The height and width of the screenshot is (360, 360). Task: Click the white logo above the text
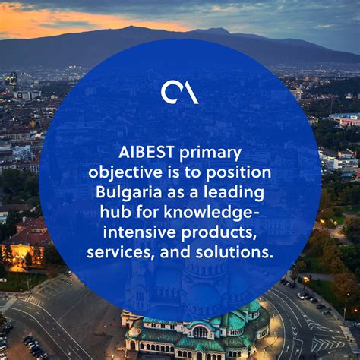click(179, 92)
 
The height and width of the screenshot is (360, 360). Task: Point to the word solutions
click(236, 251)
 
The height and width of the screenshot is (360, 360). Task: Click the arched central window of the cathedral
click(200, 332)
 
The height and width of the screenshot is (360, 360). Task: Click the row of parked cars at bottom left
click(34, 346)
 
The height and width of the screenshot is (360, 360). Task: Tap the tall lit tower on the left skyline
click(11, 81)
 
